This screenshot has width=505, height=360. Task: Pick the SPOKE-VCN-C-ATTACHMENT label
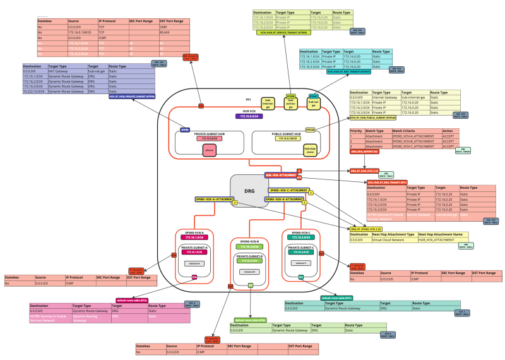tap(288, 189)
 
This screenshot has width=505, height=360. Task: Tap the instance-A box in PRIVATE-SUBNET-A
tap(193, 263)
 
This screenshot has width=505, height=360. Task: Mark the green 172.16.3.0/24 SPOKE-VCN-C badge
tap(299, 237)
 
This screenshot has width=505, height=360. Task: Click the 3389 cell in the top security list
tap(163, 28)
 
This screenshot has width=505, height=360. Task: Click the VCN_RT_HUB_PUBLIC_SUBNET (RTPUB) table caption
tap(373, 118)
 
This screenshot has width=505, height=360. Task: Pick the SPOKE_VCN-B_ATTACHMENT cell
tap(414, 141)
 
